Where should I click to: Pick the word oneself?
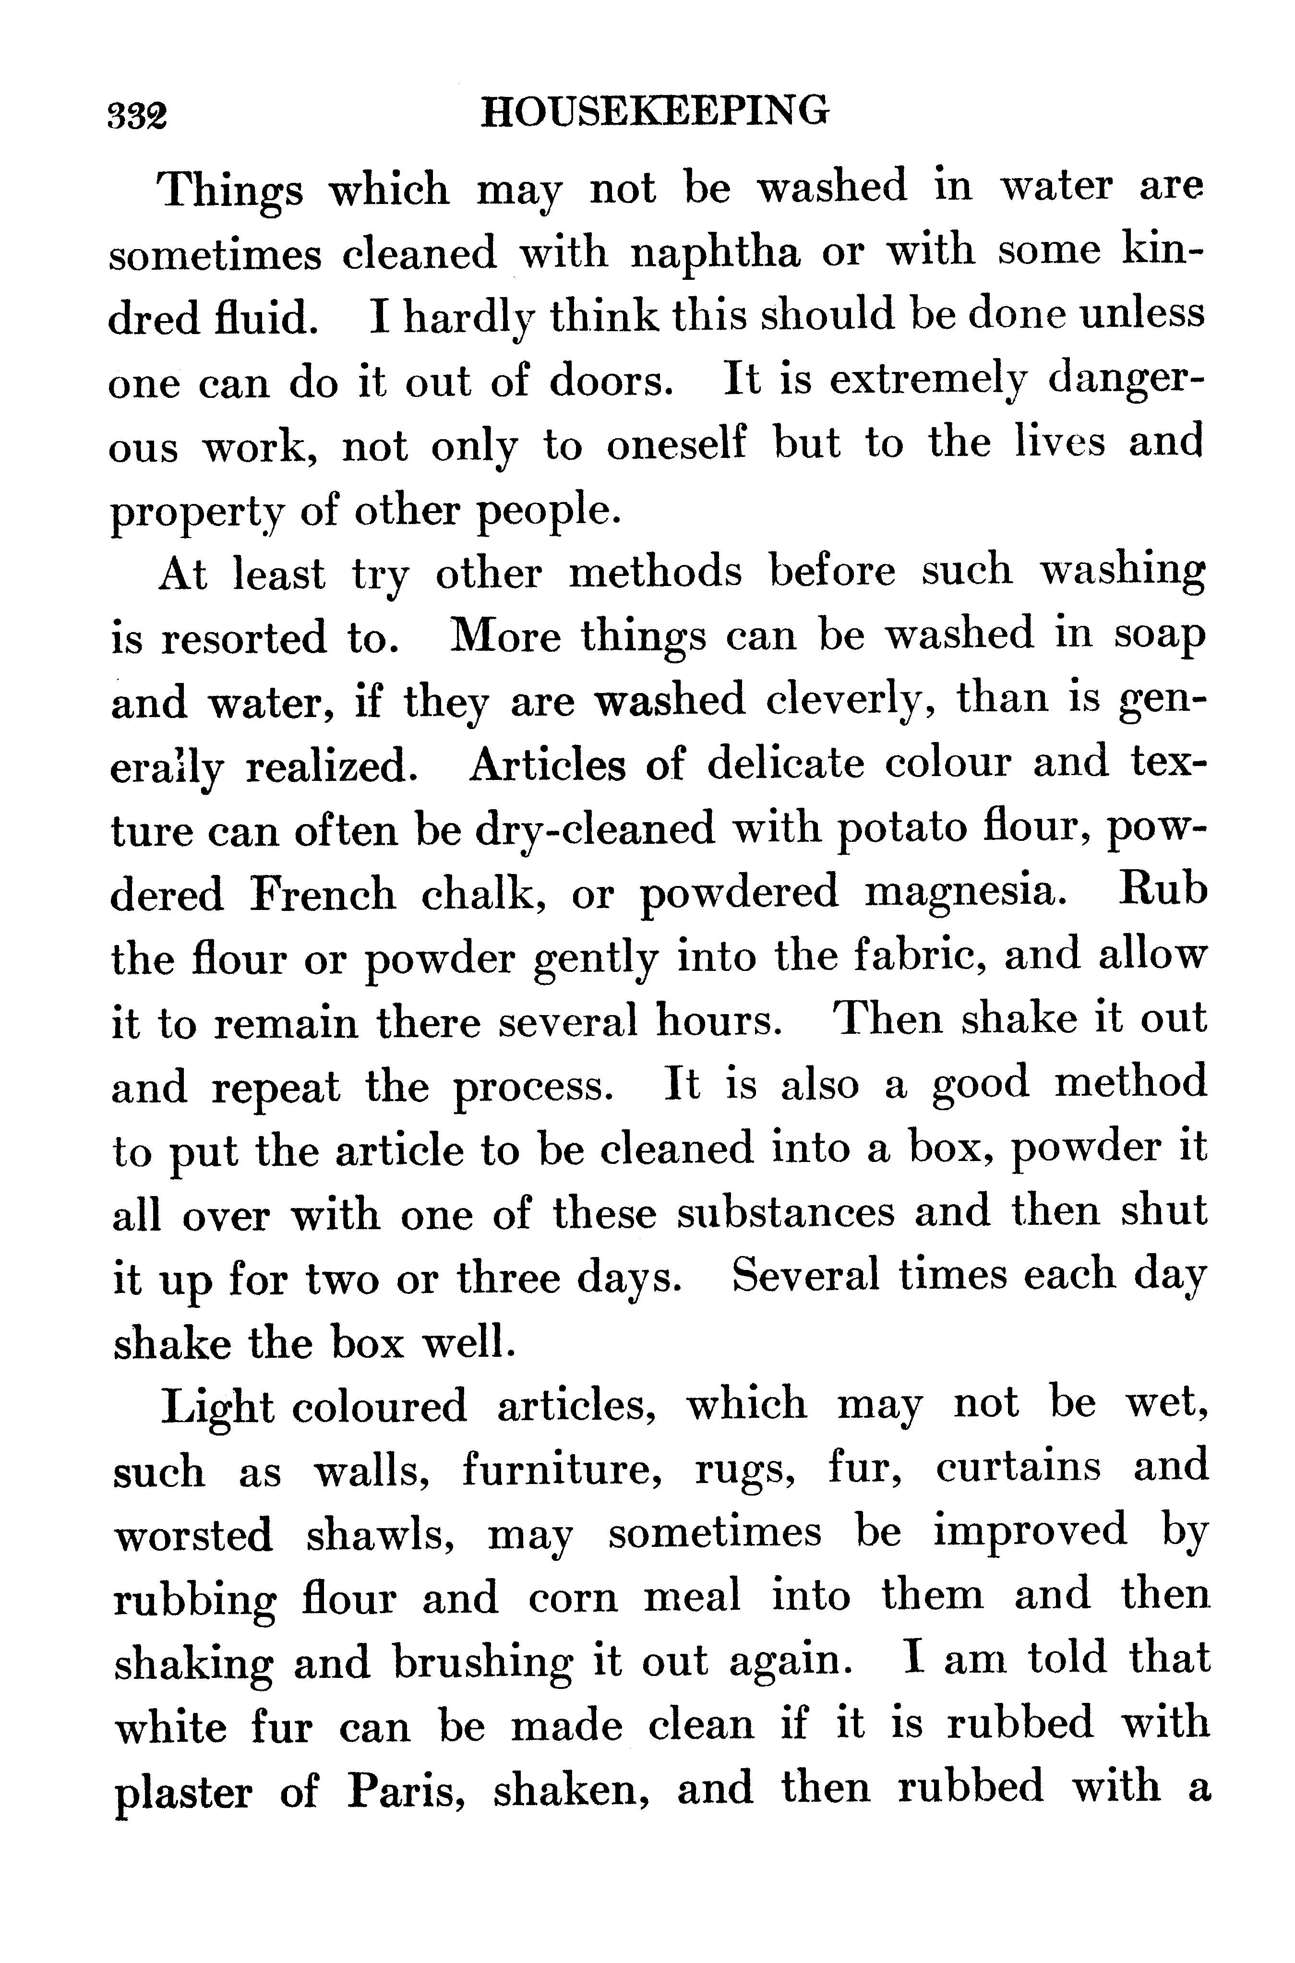click(x=676, y=446)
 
